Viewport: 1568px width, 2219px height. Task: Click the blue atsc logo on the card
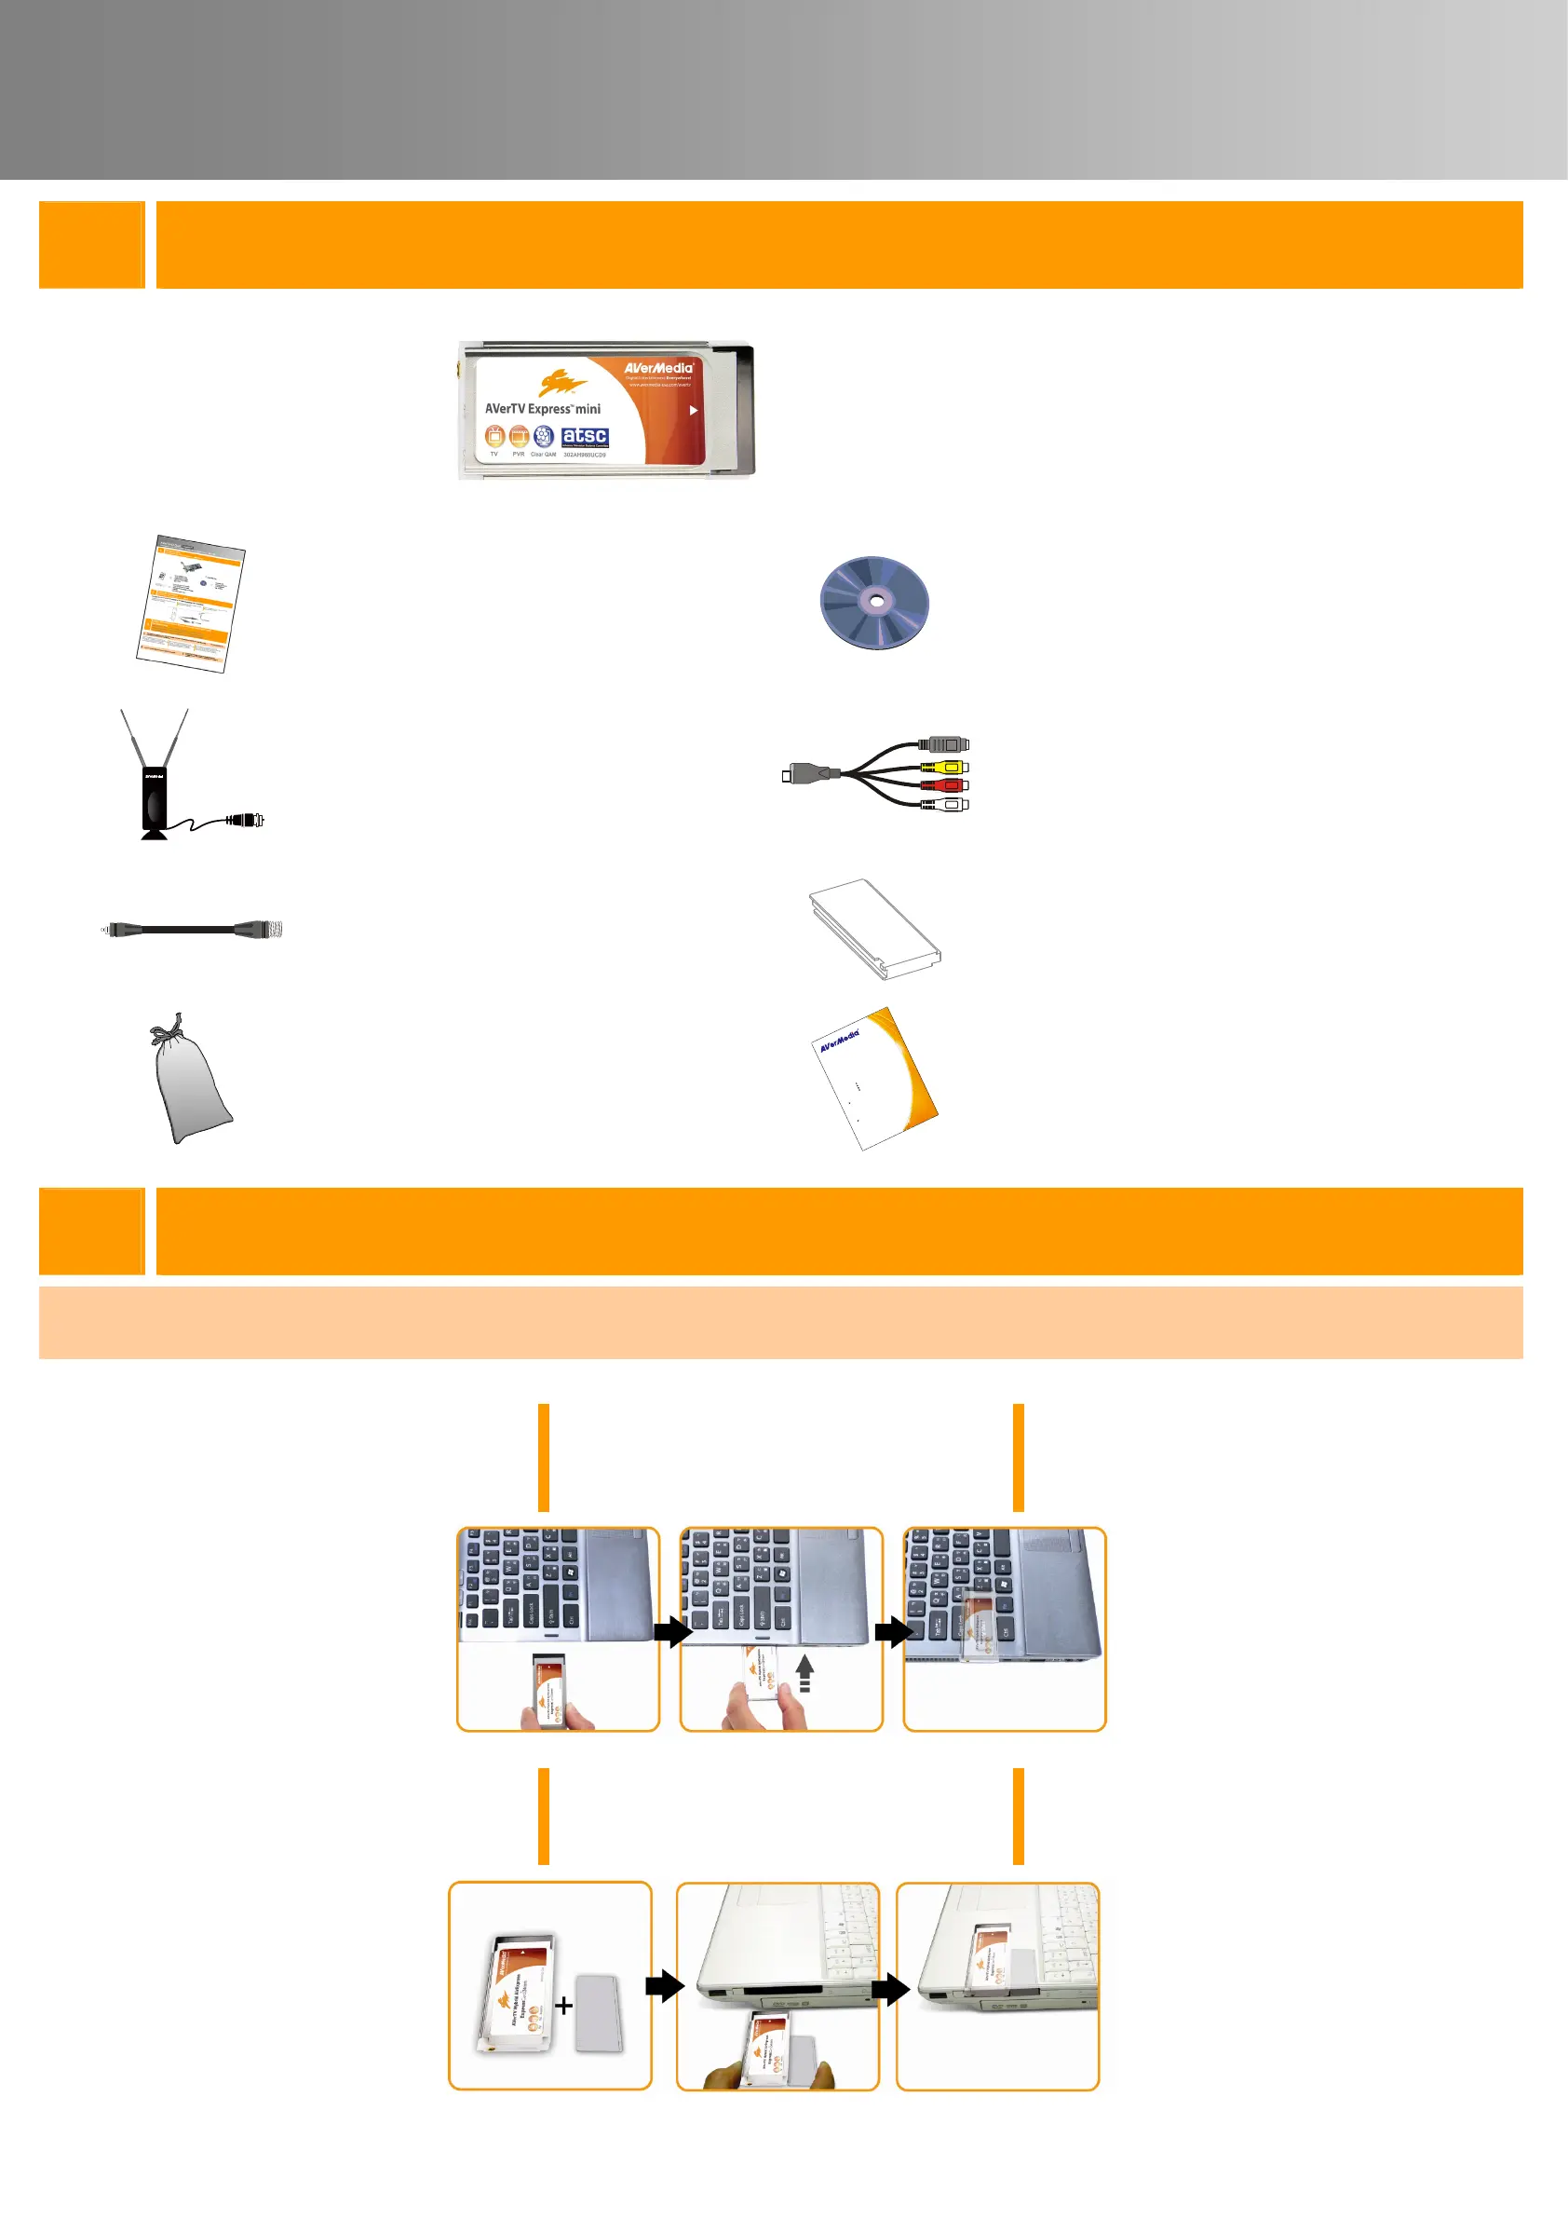[585, 438]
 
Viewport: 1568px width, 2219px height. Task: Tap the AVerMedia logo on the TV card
[658, 368]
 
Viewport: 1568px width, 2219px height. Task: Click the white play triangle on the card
[693, 411]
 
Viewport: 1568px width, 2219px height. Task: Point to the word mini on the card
[588, 409]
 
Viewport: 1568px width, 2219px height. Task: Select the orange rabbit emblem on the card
[561, 384]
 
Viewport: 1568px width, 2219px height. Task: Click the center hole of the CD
[875, 601]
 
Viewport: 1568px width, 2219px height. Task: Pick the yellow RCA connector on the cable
[951, 768]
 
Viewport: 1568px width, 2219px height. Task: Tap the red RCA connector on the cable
[951, 785]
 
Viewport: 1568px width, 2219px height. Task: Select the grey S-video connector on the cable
[946, 745]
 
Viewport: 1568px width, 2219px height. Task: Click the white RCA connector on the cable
[951, 804]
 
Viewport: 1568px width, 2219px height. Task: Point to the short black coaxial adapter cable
[191, 930]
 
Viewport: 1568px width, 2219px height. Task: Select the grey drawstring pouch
[188, 1085]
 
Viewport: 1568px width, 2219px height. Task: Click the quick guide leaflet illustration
[190, 603]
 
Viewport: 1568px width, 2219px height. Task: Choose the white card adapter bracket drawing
[874, 929]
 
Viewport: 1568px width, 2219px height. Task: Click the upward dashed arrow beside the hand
[804, 1673]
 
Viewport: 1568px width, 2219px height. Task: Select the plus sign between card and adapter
[563, 2006]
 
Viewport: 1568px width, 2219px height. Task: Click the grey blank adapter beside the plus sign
[599, 2013]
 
